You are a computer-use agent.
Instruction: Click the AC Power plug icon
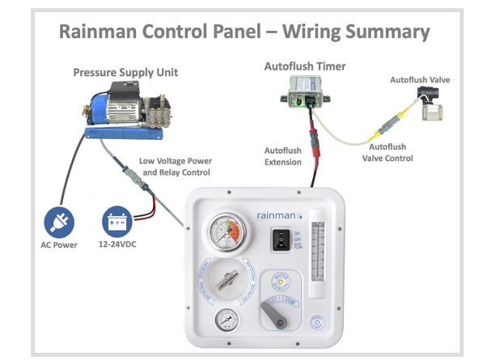[61, 221]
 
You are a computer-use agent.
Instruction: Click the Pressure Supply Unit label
[125, 73]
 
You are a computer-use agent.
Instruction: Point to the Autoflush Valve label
[420, 80]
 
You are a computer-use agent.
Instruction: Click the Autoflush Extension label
[283, 156]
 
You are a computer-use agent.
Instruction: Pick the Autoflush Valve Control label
[387, 153]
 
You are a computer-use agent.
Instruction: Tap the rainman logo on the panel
[277, 215]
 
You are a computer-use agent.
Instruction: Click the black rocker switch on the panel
[279, 239]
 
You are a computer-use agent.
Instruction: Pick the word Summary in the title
[389, 32]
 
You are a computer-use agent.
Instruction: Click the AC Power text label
[60, 245]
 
